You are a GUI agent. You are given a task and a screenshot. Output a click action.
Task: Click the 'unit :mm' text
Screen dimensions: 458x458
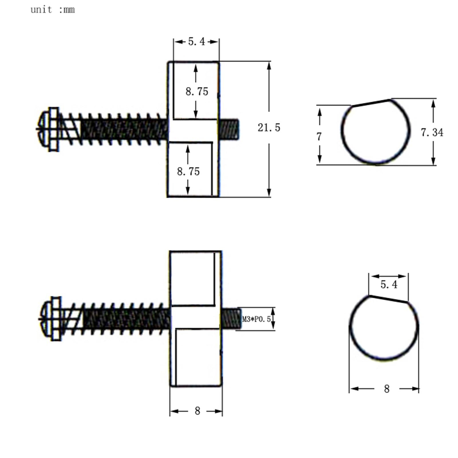pos(53,10)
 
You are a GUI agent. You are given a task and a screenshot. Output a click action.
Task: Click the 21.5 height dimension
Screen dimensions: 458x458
pos(269,128)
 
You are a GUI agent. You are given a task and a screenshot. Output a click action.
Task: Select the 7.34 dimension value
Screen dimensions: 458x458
pos(432,133)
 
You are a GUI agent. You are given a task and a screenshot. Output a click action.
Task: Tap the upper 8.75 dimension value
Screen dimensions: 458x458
pos(197,92)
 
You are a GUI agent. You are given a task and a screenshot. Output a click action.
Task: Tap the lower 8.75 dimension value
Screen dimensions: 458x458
pos(188,171)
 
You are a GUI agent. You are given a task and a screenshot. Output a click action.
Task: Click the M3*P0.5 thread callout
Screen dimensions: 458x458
pos(256,319)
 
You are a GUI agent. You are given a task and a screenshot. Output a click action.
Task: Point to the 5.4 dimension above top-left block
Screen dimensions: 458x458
pos(196,42)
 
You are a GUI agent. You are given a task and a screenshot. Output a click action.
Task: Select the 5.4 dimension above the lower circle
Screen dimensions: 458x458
pos(389,285)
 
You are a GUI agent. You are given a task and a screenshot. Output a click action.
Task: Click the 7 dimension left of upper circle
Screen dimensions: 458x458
pos(319,137)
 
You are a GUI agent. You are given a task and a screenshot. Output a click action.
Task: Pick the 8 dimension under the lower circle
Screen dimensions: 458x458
pos(386,389)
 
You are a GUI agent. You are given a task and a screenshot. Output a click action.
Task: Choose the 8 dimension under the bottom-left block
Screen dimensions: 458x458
pos(197,411)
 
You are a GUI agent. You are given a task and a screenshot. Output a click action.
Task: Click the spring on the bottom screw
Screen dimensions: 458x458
pos(123,319)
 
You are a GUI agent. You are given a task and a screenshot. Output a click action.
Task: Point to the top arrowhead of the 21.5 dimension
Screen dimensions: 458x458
pos(269,66)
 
